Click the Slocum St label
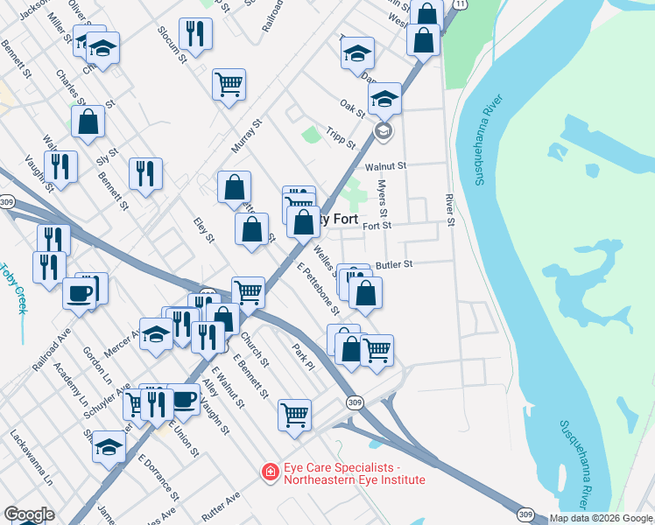[173, 51]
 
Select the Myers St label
[383, 200]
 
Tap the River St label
[450, 210]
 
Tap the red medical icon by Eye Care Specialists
[271, 473]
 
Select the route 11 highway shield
[460, 4]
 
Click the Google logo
[29, 514]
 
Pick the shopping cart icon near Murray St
[229, 85]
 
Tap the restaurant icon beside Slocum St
[195, 34]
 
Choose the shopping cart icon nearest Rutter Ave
[295, 413]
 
